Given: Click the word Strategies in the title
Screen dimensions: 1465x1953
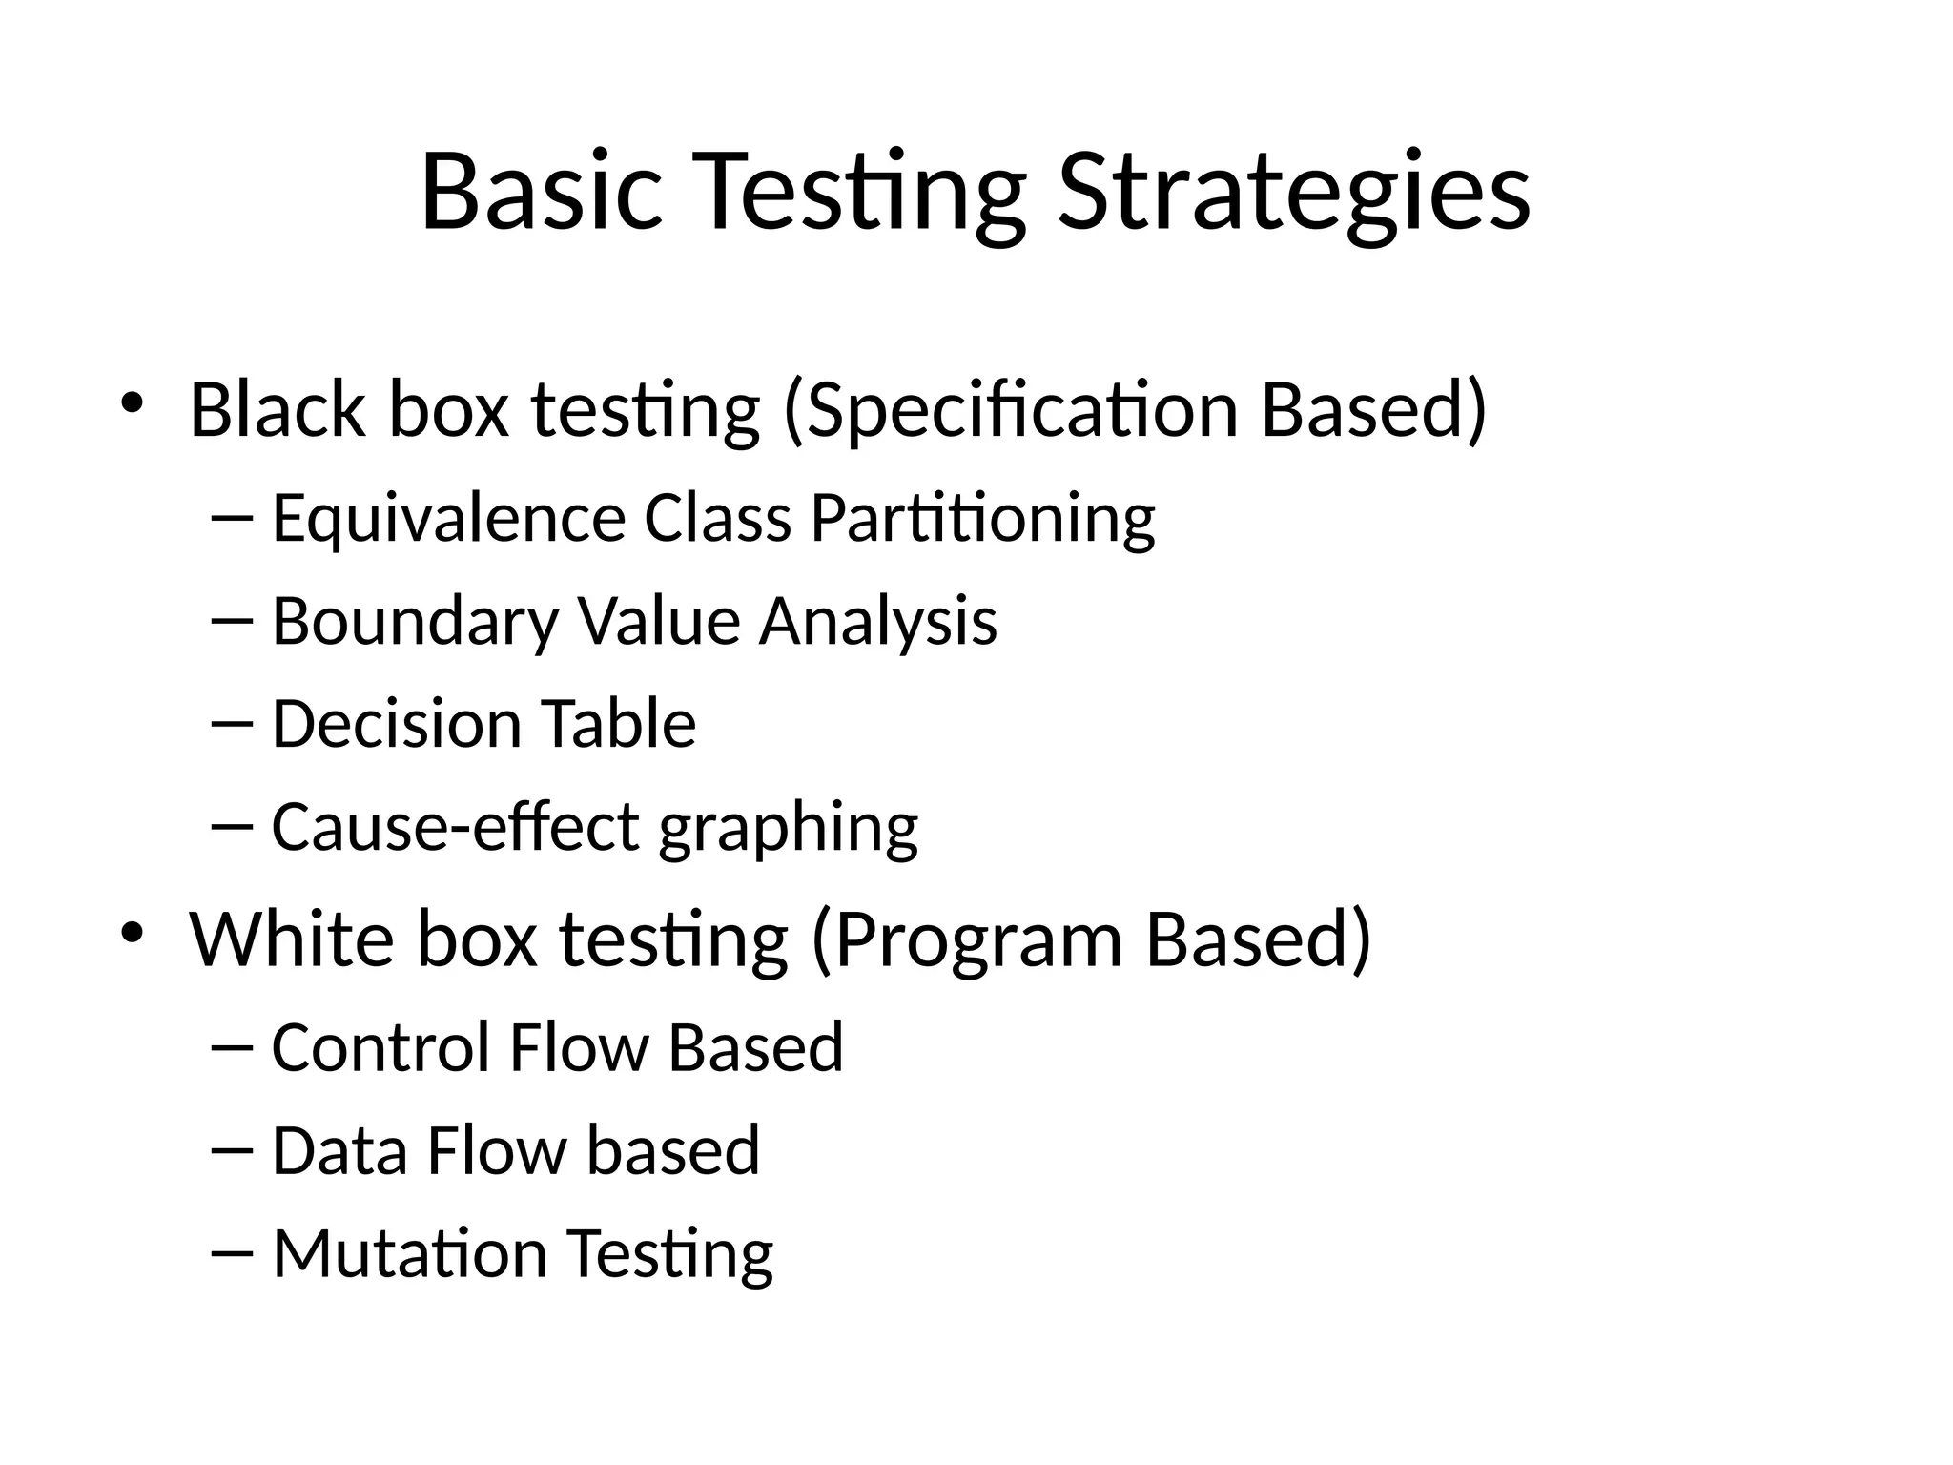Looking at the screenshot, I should tap(1293, 193).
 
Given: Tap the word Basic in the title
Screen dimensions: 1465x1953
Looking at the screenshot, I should tap(541, 193).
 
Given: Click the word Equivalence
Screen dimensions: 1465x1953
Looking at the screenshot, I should tap(448, 520).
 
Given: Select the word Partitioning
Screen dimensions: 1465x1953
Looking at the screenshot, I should tap(982, 520).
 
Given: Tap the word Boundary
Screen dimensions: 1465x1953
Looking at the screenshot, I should tap(415, 622).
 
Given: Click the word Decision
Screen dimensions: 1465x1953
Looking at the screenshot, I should tap(396, 724).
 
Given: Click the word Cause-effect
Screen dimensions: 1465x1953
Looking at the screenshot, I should tap(455, 827).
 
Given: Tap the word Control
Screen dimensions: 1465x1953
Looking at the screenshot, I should tap(380, 1047).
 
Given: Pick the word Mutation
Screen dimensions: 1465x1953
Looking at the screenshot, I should tap(410, 1253).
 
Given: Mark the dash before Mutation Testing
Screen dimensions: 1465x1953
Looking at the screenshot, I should tap(231, 1251).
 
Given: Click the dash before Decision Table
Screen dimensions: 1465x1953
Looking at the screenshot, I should tap(231, 723).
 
